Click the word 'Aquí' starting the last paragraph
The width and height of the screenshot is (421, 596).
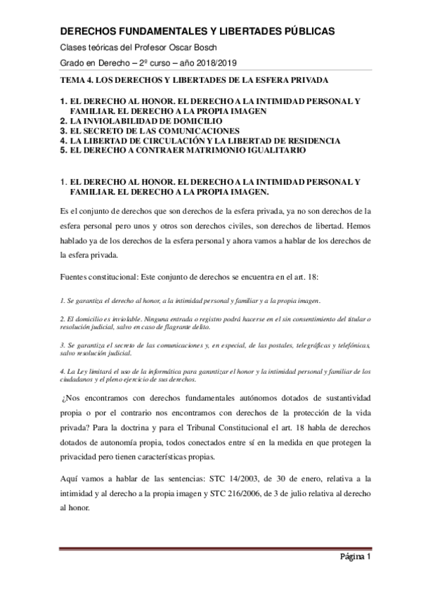(x=72, y=478)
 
